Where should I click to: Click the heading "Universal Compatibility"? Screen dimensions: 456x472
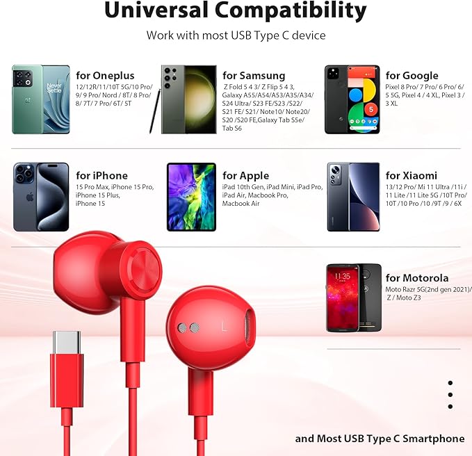236,11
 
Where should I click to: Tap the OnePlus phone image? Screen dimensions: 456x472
41,99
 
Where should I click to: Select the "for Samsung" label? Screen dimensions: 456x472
254,76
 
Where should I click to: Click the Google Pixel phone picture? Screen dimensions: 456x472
352,99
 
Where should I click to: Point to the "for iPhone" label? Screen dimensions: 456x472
101,176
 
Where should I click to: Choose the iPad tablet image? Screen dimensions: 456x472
191,197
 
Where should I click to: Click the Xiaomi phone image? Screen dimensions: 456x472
353,197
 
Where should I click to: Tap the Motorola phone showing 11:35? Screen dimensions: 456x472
354,298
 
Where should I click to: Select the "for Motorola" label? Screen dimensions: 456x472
416,279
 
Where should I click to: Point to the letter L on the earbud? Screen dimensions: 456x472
224,325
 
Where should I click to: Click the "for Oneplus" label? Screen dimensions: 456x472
105,76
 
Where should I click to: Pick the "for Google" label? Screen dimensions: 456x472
412,76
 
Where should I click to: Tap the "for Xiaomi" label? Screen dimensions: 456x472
411,176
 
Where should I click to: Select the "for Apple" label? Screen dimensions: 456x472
245,176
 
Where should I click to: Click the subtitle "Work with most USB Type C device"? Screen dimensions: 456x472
236,35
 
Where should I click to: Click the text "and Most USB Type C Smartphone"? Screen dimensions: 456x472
380,439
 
